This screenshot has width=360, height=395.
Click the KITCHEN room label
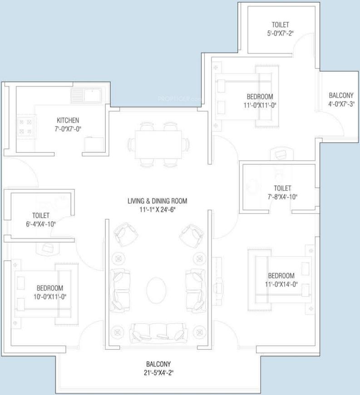68,120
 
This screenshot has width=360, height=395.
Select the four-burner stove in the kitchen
25,127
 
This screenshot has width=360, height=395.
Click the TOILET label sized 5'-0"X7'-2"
280,25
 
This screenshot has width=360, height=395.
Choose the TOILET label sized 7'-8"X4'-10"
282,188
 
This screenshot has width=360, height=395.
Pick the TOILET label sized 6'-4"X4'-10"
40,215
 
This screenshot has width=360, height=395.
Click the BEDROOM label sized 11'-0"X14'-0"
281,276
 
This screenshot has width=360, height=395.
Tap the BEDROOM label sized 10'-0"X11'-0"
49,288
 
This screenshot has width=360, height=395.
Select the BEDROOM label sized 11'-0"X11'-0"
260,96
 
